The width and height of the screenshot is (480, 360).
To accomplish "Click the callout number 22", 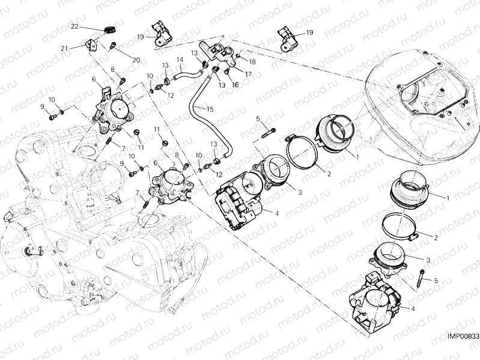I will click(74, 26).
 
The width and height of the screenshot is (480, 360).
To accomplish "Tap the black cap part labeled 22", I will click(108, 30).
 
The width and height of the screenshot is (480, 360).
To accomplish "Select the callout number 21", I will click(64, 48).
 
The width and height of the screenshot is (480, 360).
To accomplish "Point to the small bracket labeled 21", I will click(91, 44).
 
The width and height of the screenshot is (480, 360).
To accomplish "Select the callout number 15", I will click(210, 109).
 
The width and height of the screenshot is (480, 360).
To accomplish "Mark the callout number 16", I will click(235, 85).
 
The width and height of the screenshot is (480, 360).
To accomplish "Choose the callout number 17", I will click(248, 74).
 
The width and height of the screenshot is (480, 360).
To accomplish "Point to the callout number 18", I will click(252, 61).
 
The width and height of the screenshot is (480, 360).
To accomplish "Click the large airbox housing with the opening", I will click(421, 108).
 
